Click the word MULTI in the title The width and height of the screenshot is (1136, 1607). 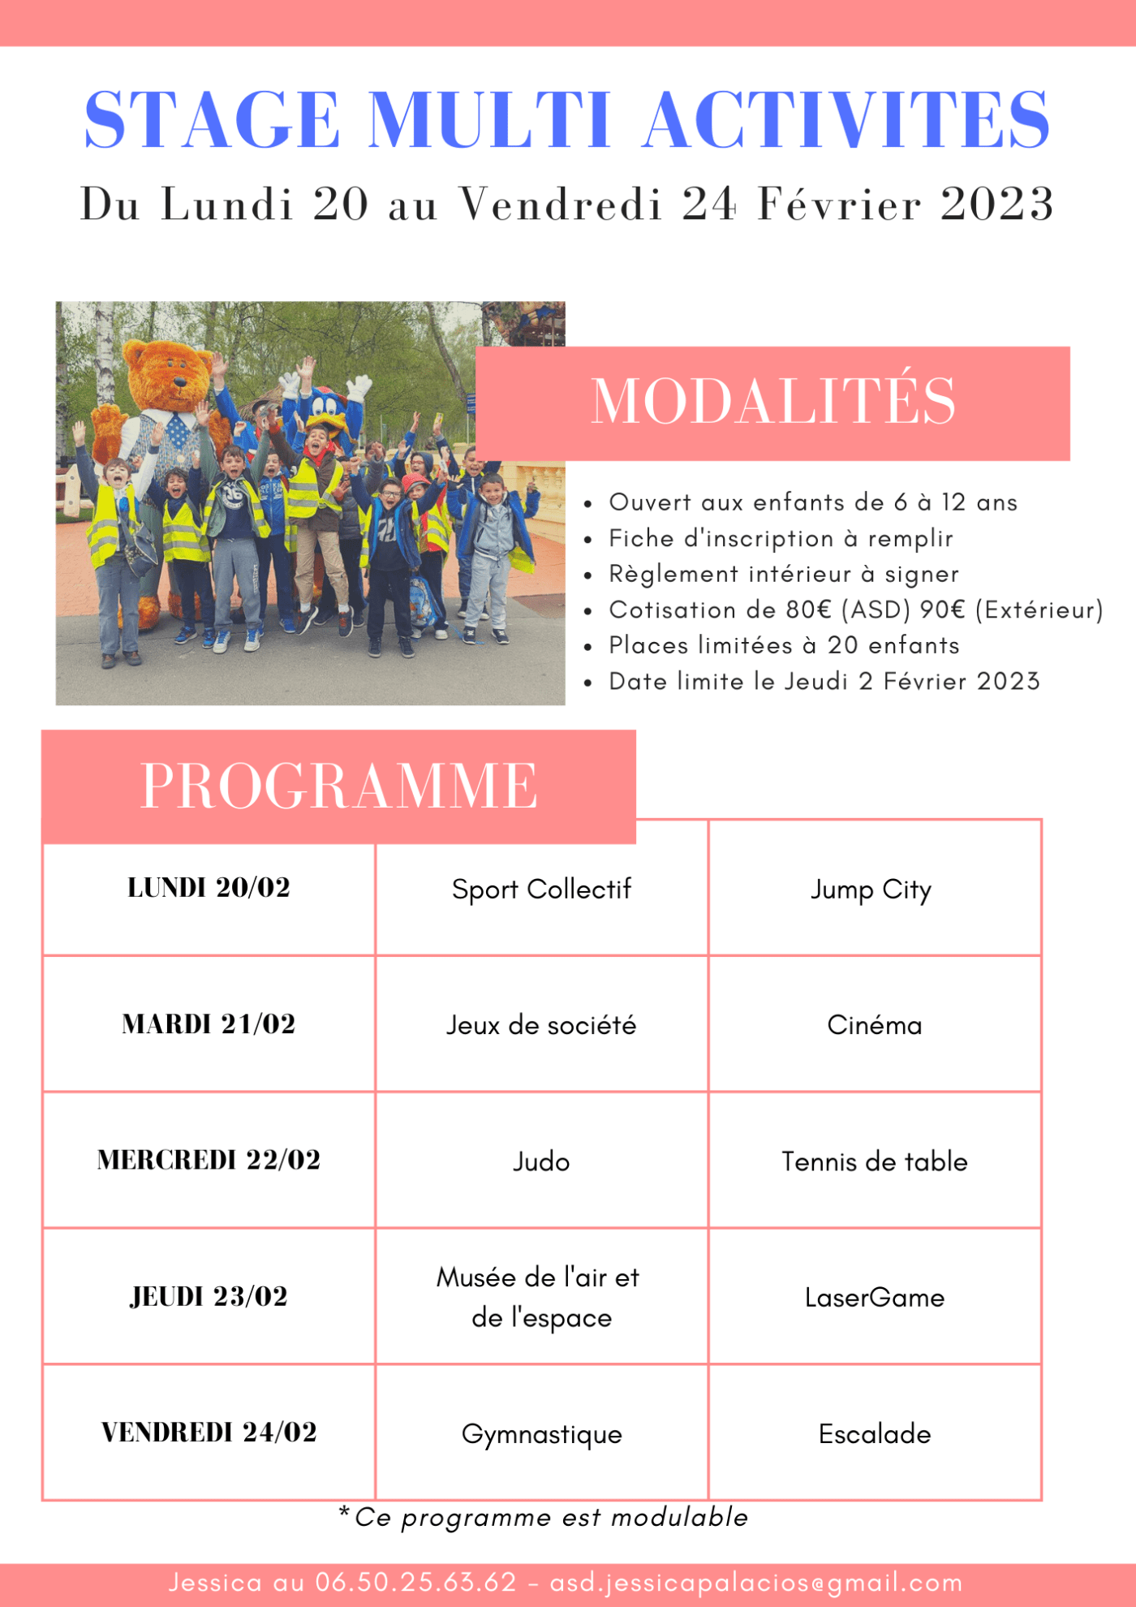click(x=489, y=120)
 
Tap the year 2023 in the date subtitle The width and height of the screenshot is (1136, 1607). click(x=996, y=204)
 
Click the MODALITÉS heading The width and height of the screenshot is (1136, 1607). click(x=772, y=401)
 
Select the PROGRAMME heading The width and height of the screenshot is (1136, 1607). click(x=338, y=786)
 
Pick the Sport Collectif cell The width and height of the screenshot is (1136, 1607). click(x=541, y=890)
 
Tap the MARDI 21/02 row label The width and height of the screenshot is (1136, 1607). click(x=209, y=1024)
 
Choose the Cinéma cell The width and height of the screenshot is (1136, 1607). click(x=875, y=1025)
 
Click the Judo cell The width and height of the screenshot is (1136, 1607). click(x=541, y=1161)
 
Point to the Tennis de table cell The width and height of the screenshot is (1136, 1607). click(x=875, y=1161)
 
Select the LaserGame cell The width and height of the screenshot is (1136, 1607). click(x=875, y=1298)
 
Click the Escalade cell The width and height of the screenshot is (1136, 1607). click(x=875, y=1434)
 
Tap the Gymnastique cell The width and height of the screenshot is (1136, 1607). click(x=541, y=1434)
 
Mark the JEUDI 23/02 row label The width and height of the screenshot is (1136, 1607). click(x=209, y=1296)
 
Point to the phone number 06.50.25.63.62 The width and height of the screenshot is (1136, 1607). click(x=415, y=1582)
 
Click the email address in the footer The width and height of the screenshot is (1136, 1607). click(x=756, y=1582)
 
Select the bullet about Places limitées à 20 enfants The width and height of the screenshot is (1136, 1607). click(x=784, y=645)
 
